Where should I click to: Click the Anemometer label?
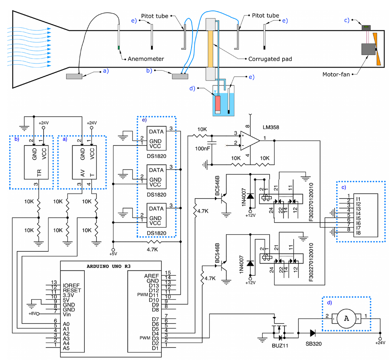(146, 59)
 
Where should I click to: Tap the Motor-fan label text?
(336, 74)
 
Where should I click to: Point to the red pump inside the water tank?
(218, 104)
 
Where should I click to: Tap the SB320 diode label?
(313, 346)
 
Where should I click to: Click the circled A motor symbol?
(346, 318)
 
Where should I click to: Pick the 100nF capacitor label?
(202, 148)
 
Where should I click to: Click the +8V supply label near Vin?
(33, 314)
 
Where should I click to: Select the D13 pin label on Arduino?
(154, 285)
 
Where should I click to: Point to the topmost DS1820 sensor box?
(157, 137)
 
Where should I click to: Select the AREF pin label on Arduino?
(152, 276)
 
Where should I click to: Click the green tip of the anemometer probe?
(119, 48)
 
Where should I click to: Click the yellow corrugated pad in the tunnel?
(210, 49)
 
